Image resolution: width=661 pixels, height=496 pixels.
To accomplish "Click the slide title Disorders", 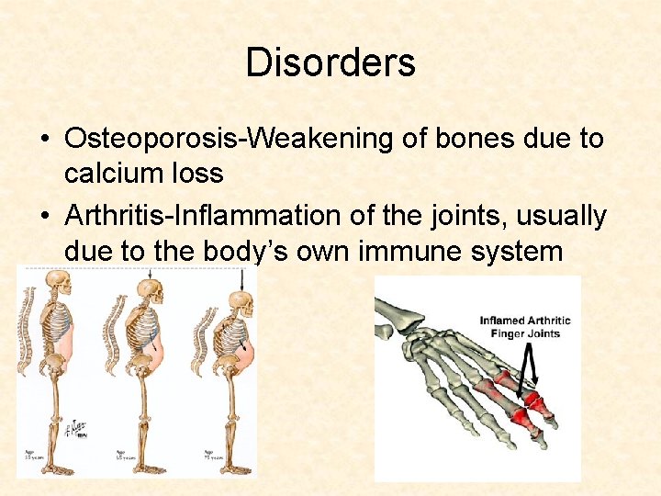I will tap(330, 62).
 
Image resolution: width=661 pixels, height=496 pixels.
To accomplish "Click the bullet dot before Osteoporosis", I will tap(44, 140).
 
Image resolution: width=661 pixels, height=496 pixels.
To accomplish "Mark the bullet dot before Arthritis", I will tap(44, 217).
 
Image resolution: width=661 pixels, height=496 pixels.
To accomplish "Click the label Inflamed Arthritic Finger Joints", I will tap(524, 327).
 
